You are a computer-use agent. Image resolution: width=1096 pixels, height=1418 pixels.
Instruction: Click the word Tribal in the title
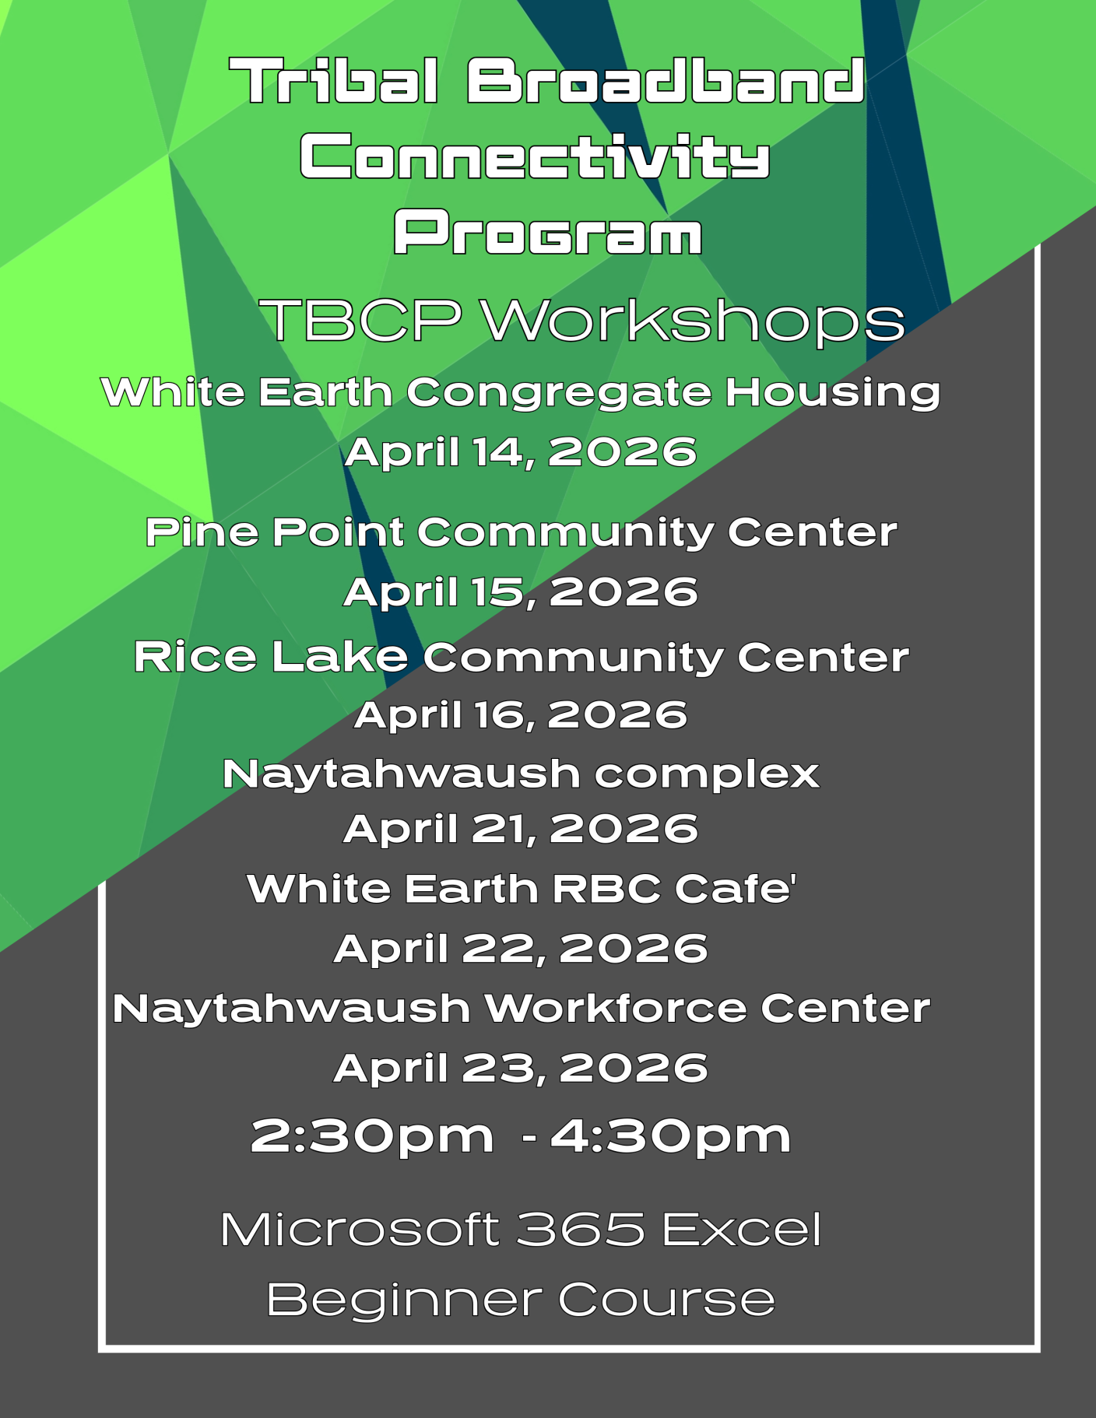(334, 81)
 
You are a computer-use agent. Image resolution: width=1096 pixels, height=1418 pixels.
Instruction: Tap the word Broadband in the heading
(666, 81)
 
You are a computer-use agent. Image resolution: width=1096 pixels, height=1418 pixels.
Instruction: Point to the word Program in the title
(548, 232)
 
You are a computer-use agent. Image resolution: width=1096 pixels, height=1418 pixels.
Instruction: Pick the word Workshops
(693, 321)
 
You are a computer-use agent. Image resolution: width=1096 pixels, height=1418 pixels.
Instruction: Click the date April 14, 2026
(521, 452)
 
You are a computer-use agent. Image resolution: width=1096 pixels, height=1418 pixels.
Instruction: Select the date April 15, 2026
(521, 591)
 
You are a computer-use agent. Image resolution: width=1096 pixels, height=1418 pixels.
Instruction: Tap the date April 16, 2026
(521, 714)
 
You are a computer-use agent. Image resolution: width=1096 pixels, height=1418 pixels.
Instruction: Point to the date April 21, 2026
(521, 828)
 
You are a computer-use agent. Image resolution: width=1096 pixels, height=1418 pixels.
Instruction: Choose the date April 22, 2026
(521, 949)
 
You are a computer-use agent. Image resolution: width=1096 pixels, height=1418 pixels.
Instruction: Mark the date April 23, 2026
(521, 1067)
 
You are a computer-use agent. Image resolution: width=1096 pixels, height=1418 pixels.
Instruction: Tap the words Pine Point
(275, 532)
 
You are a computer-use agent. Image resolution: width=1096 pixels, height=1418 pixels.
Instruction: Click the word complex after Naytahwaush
(707, 775)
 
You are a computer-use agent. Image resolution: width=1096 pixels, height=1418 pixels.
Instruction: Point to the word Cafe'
(736, 889)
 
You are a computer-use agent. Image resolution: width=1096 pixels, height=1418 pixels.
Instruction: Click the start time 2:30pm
(372, 1137)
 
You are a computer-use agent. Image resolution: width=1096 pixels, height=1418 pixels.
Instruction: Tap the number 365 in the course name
(581, 1230)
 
